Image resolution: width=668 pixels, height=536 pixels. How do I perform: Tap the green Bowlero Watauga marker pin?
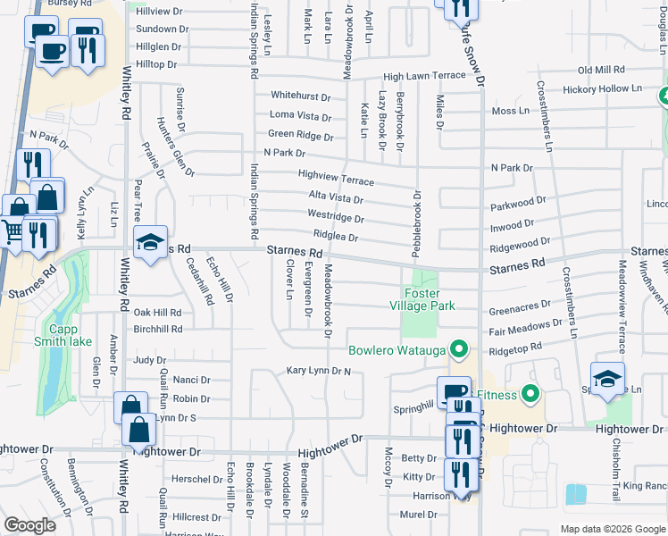pyautogui.click(x=459, y=348)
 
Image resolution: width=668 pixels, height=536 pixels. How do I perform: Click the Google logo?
pyautogui.click(x=29, y=525)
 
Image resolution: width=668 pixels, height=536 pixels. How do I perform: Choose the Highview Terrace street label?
pyautogui.click(x=335, y=179)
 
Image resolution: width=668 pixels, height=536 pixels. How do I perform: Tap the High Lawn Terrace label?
pyautogui.click(x=424, y=77)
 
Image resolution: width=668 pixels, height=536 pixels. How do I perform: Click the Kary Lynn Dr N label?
pyautogui.click(x=318, y=370)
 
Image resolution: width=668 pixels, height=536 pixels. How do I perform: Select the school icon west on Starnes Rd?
pyautogui.click(x=150, y=241)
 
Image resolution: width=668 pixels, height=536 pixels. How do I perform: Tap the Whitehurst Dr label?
pyautogui.click(x=300, y=96)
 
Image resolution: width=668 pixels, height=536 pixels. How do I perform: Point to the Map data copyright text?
pyautogui.click(x=612, y=528)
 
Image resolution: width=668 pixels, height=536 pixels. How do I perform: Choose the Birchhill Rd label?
pyautogui.click(x=157, y=329)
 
